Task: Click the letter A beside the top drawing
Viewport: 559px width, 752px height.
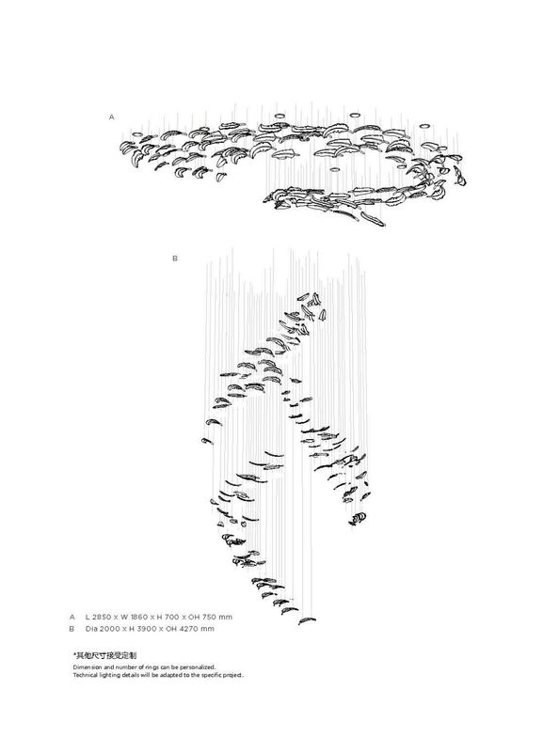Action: tap(112, 117)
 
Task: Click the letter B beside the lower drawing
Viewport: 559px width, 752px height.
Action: tap(175, 258)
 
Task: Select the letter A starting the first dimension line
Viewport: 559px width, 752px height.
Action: tap(72, 618)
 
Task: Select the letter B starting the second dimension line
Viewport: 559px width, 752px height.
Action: tap(72, 629)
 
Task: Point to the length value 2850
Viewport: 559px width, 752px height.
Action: tap(102, 618)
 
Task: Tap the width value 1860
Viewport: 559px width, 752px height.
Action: tap(139, 618)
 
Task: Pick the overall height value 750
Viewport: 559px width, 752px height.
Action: tap(209, 618)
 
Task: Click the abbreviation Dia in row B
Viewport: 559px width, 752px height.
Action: tap(91, 629)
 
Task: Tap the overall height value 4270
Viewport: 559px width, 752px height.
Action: tap(189, 629)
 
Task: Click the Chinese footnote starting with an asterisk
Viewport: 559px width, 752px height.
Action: tap(104, 655)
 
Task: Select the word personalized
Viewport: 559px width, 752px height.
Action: tap(198, 667)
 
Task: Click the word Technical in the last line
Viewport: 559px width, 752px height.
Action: tap(85, 675)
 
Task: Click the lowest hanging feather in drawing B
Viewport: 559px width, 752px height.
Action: tap(307, 621)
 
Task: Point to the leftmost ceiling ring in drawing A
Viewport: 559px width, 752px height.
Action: tap(136, 134)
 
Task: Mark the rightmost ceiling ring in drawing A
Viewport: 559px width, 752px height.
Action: tap(424, 127)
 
